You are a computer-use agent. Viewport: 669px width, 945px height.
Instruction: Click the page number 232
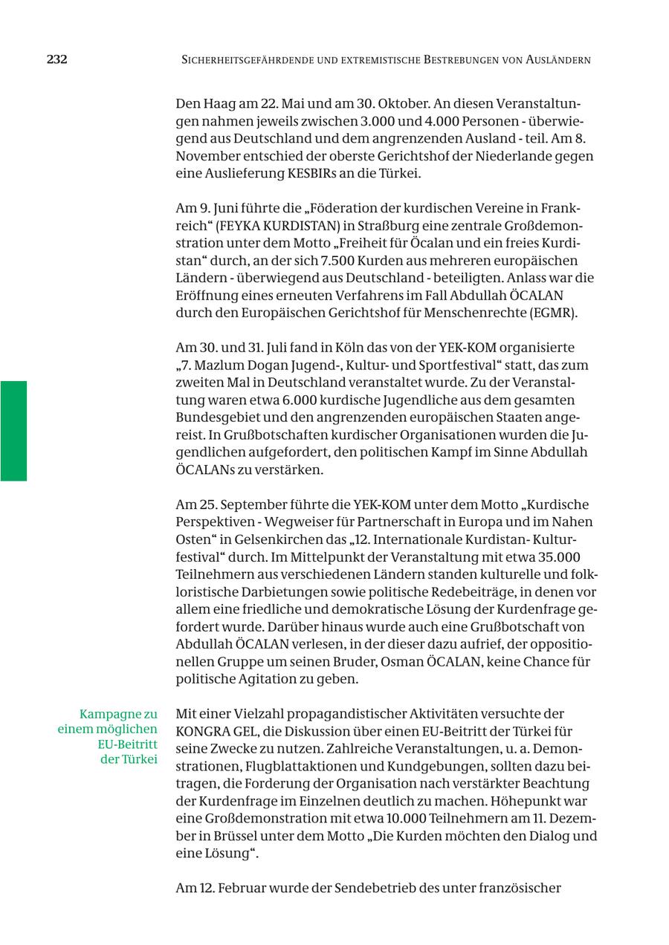[56, 59]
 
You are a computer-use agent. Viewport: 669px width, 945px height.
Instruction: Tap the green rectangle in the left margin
[13, 431]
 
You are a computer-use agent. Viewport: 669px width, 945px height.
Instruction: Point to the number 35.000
[555, 557]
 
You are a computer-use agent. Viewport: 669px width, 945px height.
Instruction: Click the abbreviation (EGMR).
[553, 313]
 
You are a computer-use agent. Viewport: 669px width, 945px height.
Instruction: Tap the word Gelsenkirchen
[273, 540]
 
